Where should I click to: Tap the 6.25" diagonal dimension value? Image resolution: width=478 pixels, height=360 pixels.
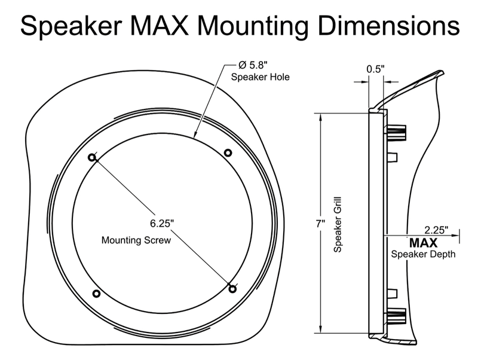[162, 223]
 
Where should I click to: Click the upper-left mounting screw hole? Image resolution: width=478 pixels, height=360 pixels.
[92, 158]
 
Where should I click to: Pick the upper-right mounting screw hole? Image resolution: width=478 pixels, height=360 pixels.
[228, 152]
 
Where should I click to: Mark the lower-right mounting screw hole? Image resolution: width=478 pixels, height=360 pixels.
[233, 289]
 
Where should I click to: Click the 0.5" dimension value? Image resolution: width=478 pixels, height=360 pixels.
[375, 69]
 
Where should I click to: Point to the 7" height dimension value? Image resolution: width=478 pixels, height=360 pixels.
[320, 224]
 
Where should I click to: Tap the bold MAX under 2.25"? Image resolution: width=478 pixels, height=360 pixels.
[423, 243]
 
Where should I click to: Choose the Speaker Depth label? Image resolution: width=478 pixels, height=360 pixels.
[424, 254]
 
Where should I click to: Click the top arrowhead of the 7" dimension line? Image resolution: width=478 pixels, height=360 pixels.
[321, 115]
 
